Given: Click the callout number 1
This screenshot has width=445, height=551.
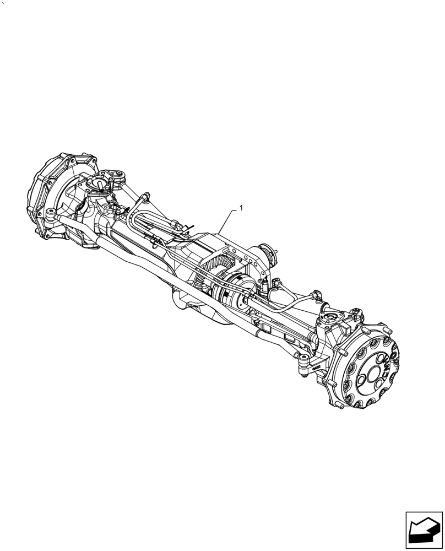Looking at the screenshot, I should pyautogui.click(x=241, y=208).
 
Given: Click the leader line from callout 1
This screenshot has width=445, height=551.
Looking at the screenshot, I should pyautogui.click(x=228, y=221).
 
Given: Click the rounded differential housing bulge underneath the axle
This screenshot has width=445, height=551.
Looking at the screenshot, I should pyautogui.click(x=184, y=301).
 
